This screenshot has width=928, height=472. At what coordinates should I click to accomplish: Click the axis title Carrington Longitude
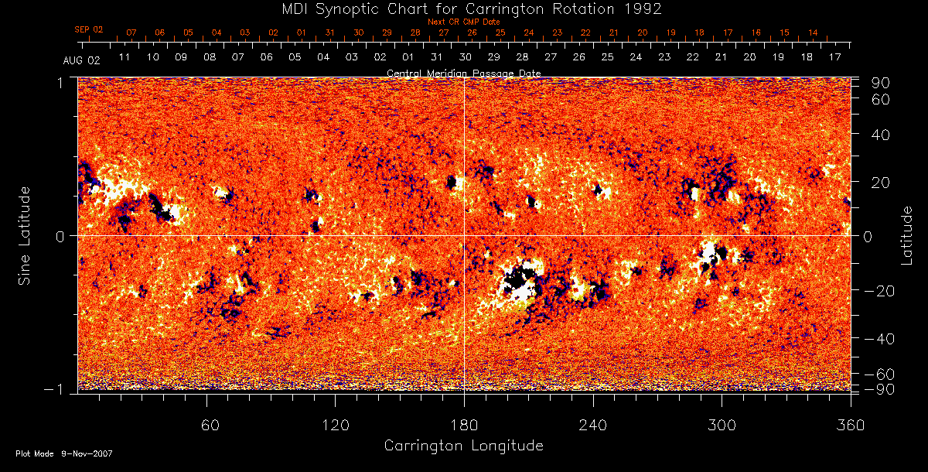[463, 446]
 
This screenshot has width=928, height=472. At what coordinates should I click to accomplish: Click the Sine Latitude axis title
[25, 234]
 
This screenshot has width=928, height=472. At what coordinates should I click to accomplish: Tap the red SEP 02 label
[89, 29]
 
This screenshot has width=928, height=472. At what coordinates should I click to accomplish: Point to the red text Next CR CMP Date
[463, 22]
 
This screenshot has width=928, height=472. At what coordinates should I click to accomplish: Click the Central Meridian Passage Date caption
[463, 73]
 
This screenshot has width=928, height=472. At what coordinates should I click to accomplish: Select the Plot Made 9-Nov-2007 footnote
[64, 453]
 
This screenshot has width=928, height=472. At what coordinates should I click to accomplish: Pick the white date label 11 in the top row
[124, 57]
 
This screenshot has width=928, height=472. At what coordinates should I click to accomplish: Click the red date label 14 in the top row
[813, 32]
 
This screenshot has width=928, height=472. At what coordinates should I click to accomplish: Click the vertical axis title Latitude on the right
[907, 234]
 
